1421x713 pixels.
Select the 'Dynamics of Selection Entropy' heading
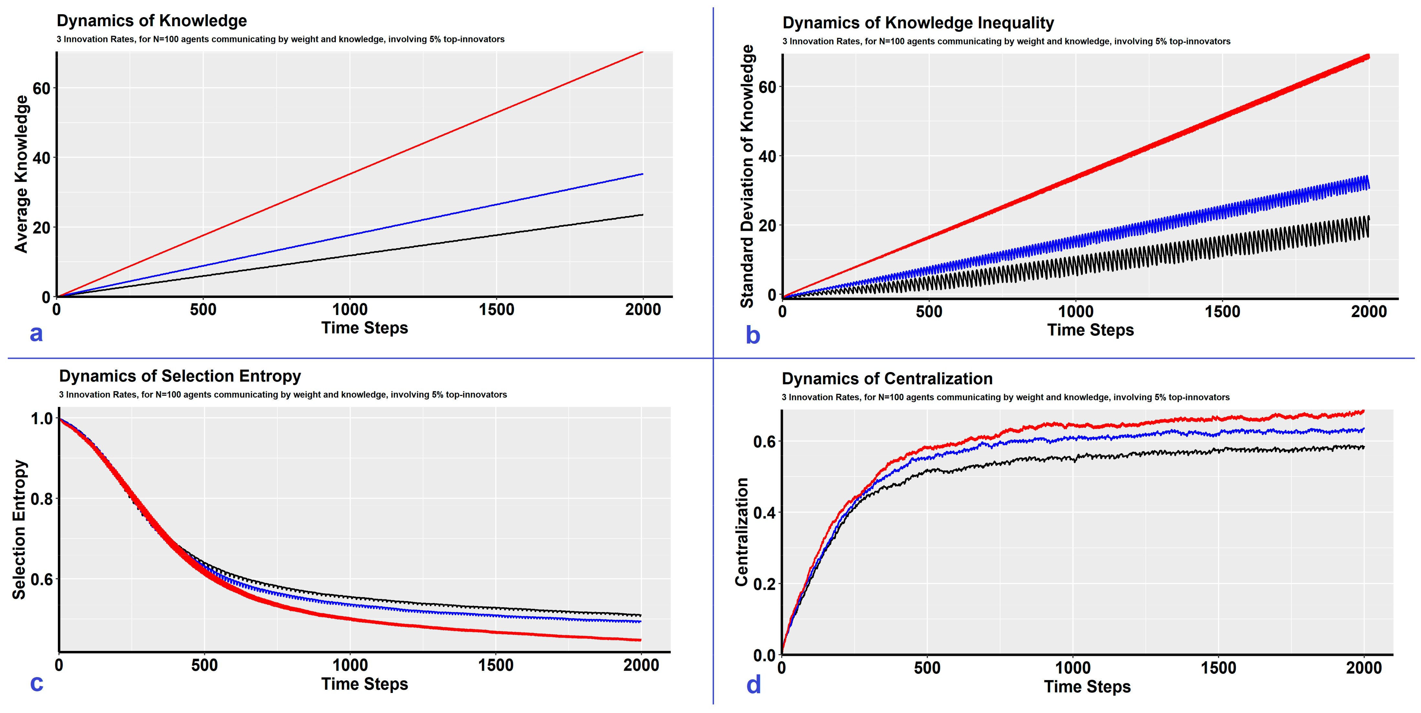[180, 376]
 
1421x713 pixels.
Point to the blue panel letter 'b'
[753, 335]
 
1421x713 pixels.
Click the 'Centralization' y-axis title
[742, 532]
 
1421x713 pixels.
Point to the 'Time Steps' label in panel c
[365, 684]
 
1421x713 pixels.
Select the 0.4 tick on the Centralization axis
[764, 513]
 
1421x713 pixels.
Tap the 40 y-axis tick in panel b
[767, 156]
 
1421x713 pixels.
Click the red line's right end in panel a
[643, 52]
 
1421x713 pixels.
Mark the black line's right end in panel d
[1364, 447]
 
